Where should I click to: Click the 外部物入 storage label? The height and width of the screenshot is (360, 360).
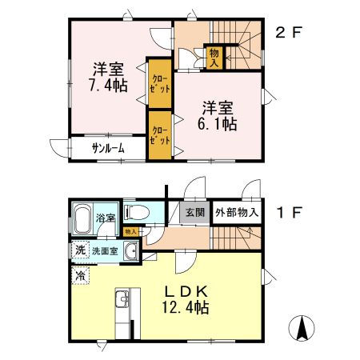tap(237, 213)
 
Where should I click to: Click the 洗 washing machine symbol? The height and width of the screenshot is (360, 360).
tap(80, 251)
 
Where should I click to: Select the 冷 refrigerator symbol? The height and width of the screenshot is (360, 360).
tap(80, 276)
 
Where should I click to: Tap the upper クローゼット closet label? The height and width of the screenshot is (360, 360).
tap(160, 82)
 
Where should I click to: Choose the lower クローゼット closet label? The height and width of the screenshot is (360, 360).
tap(160, 134)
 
